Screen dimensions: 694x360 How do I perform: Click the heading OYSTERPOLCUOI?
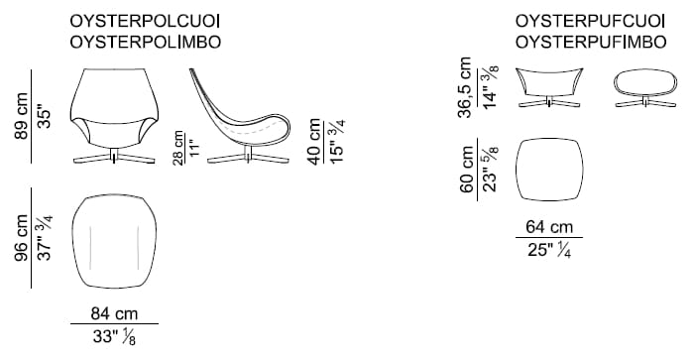(145, 21)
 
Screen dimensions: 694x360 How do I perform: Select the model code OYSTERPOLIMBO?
(145, 42)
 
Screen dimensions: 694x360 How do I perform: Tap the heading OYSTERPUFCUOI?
(591, 21)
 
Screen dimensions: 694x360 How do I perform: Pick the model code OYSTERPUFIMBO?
(591, 42)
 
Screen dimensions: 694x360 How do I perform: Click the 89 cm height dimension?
(21, 116)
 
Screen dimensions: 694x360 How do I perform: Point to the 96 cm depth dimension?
(21, 238)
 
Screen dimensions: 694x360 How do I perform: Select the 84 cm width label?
(114, 313)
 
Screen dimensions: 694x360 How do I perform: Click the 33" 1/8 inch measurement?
(114, 337)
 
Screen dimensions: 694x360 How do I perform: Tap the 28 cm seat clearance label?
(177, 148)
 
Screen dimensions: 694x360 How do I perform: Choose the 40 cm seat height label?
(314, 142)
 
